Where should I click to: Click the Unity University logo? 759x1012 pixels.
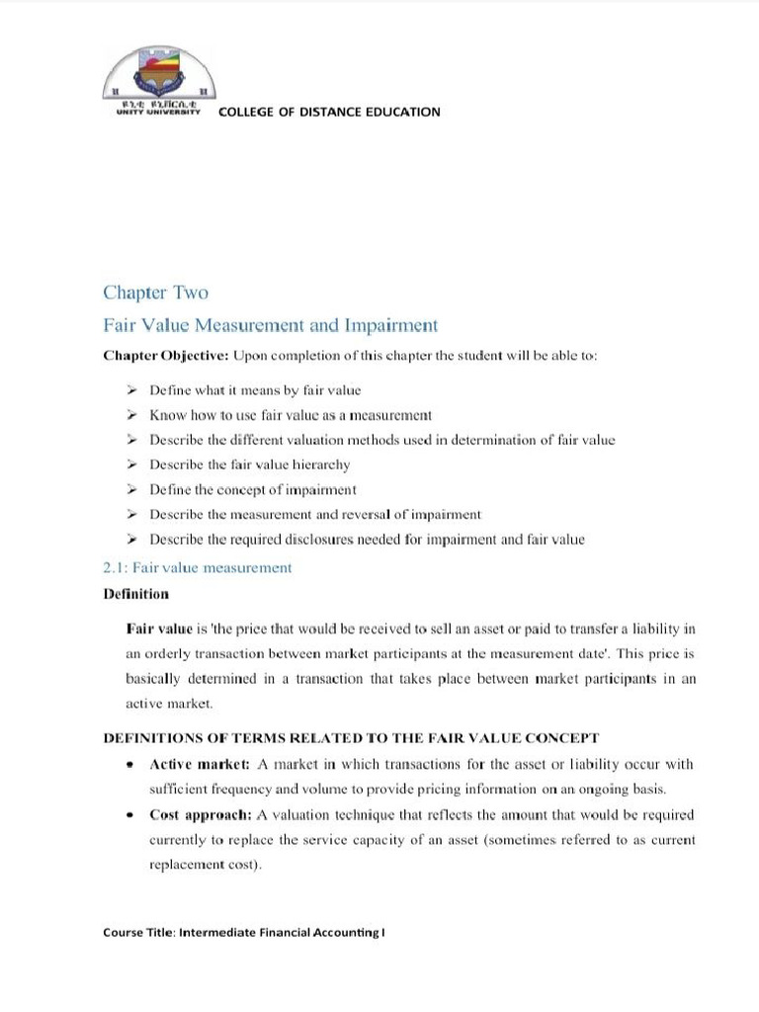pos(158,83)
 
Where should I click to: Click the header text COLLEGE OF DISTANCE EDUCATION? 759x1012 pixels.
pos(329,112)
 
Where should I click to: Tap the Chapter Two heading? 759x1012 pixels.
pos(155,293)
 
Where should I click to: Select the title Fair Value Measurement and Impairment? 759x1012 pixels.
pos(270,325)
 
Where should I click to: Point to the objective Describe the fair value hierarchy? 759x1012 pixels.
pos(249,464)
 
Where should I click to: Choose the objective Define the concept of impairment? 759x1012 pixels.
pos(253,489)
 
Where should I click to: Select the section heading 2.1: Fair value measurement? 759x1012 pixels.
pos(198,567)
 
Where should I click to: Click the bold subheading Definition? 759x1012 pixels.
pos(135,594)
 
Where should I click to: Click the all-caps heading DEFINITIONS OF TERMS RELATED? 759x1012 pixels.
pos(352,738)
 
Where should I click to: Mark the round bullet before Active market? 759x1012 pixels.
pos(130,765)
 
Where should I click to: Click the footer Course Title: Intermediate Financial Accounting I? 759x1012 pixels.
pos(243,932)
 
